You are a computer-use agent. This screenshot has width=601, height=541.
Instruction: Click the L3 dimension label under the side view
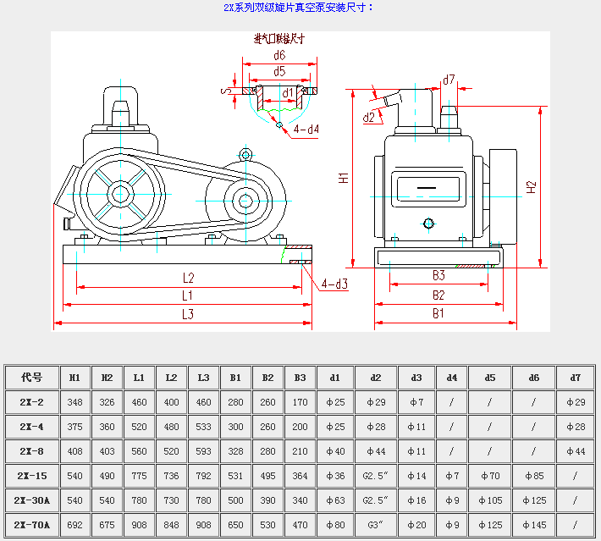[x=188, y=314]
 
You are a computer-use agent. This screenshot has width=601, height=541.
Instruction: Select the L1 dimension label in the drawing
[x=188, y=295]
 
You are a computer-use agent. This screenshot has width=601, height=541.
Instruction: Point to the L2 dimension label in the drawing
[x=188, y=278]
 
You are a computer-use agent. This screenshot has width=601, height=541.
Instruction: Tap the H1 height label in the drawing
[x=343, y=178]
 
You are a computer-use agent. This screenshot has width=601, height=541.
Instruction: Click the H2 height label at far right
[x=531, y=187]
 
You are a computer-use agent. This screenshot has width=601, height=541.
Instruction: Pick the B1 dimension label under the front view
[x=438, y=313]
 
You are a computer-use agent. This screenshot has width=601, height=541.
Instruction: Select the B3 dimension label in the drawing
[x=438, y=276]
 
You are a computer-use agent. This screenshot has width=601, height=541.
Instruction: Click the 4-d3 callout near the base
[x=334, y=284]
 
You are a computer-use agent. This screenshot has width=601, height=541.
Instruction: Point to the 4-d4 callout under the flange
[x=306, y=130]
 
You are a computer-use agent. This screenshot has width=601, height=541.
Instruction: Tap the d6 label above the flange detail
[x=279, y=55]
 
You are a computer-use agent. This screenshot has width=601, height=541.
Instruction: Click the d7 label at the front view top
[x=449, y=80]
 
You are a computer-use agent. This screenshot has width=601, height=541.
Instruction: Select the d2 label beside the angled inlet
[x=368, y=118]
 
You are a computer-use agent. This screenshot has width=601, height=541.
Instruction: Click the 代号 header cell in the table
[x=32, y=377]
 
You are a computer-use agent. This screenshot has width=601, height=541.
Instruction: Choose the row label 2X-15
[x=32, y=476]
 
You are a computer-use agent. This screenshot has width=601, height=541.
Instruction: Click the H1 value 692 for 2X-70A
[x=74, y=525]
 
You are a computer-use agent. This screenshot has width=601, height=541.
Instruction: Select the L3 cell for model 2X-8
[x=204, y=451]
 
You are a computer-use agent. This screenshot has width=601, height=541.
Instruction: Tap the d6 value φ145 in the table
[x=533, y=525]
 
